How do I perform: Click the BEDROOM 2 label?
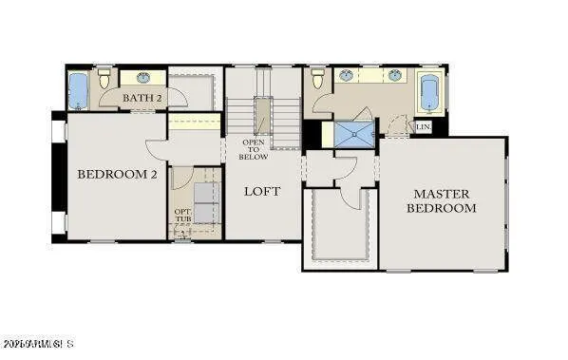click(x=117, y=174)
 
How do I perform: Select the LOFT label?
click(x=262, y=191)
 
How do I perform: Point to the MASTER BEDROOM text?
click(x=442, y=200)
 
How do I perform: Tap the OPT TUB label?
click(x=182, y=218)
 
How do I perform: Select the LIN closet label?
click(x=424, y=126)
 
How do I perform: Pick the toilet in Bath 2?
click(x=104, y=80)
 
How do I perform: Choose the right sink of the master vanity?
click(x=392, y=76)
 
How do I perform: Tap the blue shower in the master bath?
click(x=353, y=134)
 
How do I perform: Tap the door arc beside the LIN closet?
click(x=398, y=127)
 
